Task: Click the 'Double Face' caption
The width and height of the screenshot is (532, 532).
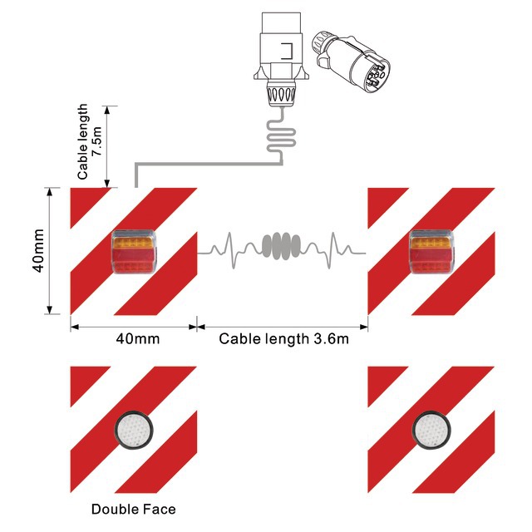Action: (x=133, y=510)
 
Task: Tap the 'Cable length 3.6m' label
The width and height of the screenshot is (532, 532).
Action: (x=283, y=339)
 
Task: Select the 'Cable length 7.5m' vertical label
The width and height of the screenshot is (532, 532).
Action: (x=89, y=141)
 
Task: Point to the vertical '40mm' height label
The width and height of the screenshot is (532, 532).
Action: (x=38, y=251)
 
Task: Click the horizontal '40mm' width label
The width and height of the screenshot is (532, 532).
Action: (x=138, y=339)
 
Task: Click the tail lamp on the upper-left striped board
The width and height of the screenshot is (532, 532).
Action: (x=135, y=252)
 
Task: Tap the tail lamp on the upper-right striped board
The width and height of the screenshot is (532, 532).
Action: (x=431, y=252)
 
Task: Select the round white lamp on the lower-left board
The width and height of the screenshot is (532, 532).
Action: (x=133, y=431)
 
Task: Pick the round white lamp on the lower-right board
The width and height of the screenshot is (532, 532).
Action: (x=431, y=431)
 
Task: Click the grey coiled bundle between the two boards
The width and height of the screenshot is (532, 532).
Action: (x=281, y=246)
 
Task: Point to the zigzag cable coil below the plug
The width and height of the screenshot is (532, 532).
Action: (x=281, y=136)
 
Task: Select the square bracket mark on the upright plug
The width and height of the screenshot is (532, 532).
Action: (x=287, y=52)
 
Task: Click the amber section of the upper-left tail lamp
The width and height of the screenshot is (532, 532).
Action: (x=134, y=244)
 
